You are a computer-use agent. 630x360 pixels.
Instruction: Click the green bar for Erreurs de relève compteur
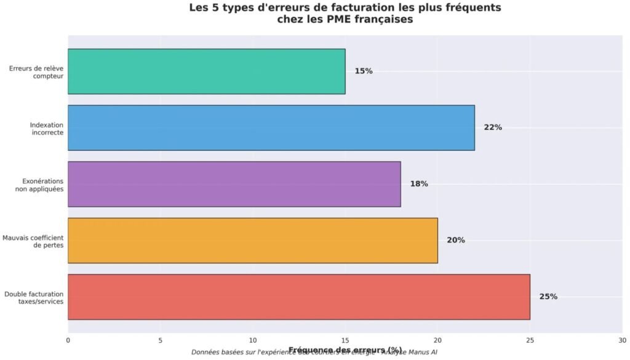coord(206,71)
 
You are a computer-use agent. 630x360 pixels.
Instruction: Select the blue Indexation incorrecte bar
coord(271,127)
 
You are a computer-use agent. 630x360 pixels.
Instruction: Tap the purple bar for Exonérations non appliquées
coord(234,184)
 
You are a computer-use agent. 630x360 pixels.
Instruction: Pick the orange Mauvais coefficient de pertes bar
coord(252,240)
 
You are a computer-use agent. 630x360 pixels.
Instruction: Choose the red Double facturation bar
coord(298,297)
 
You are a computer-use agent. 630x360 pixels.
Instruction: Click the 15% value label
coord(364,71)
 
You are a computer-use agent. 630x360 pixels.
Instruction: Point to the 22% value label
coord(493,127)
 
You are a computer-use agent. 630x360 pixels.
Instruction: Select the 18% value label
coord(419,184)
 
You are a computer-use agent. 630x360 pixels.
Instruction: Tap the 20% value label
coord(456,240)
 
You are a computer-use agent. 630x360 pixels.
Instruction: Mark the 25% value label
coord(548,297)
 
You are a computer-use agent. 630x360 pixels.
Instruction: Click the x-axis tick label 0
coord(68,340)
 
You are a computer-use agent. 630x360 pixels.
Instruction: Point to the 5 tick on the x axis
coord(160,340)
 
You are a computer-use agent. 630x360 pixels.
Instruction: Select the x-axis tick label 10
coord(253,340)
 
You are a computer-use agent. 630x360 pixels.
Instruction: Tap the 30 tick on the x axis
coord(622,340)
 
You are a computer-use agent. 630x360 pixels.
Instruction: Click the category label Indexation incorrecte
coord(47,128)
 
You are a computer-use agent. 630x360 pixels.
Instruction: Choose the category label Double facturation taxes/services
coord(34,297)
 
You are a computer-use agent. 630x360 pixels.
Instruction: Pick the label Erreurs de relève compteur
coord(36,72)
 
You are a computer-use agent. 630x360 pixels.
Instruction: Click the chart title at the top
coord(345,14)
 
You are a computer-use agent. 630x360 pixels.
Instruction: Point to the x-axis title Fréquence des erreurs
coord(345,349)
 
